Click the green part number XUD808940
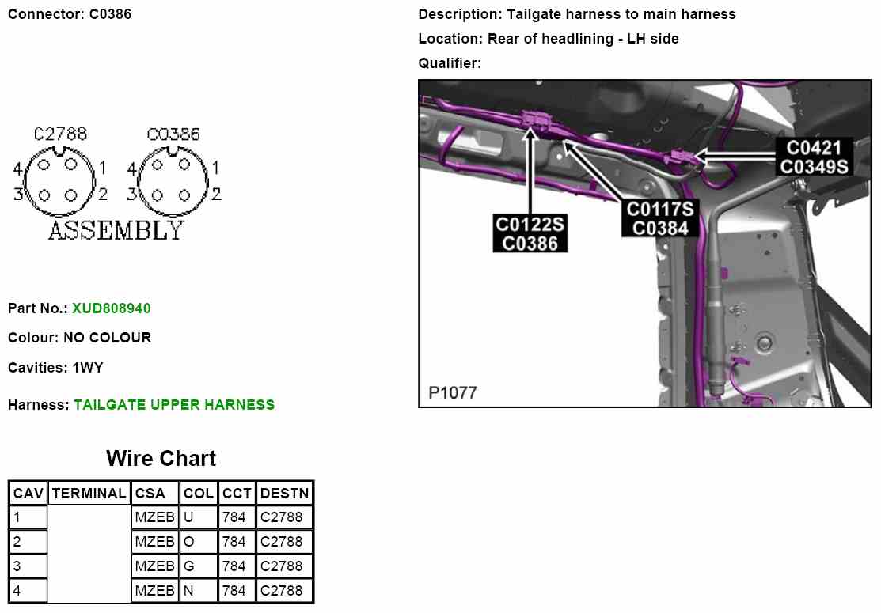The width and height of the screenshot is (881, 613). click(111, 308)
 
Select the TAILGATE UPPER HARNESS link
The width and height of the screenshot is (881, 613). click(174, 404)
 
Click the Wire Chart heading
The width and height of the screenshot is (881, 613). click(161, 458)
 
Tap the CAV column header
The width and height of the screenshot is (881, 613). click(28, 493)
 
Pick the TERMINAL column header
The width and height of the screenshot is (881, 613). click(89, 493)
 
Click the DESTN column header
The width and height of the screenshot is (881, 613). click(284, 493)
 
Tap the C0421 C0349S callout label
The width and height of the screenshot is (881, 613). click(814, 157)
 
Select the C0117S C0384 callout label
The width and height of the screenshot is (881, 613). click(660, 218)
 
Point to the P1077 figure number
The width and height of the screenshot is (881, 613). click(453, 392)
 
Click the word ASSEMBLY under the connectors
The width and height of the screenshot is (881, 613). click(116, 230)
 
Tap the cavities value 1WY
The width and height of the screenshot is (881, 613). click(87, 368)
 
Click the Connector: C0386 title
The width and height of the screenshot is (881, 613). click(70, 14)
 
